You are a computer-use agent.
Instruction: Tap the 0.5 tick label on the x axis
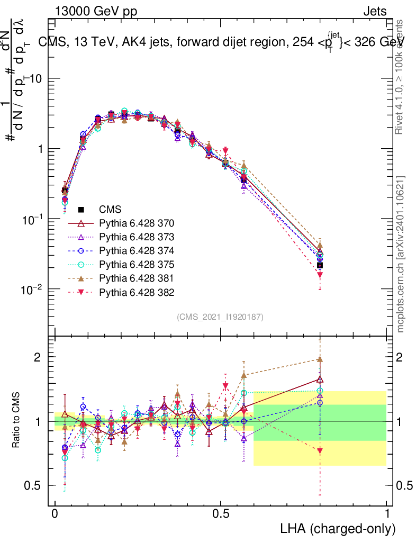(x=221, y=514)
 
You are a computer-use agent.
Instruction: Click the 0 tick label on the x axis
(x=55, y=514)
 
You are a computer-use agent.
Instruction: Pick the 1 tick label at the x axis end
(x=386, y=514)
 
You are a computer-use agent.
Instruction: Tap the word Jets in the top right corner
(x=375, y=11)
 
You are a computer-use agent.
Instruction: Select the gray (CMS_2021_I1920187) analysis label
(x=220, y=317)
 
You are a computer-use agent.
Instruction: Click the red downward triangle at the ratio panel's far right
(x=320, y=450)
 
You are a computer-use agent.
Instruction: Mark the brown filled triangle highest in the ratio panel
(x=320, y=359)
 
